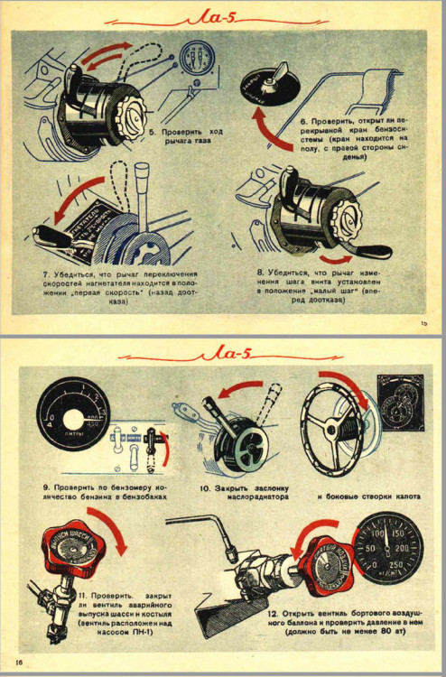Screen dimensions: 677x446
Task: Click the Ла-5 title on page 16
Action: point(223,352)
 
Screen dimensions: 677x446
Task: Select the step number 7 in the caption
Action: point(44,274)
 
